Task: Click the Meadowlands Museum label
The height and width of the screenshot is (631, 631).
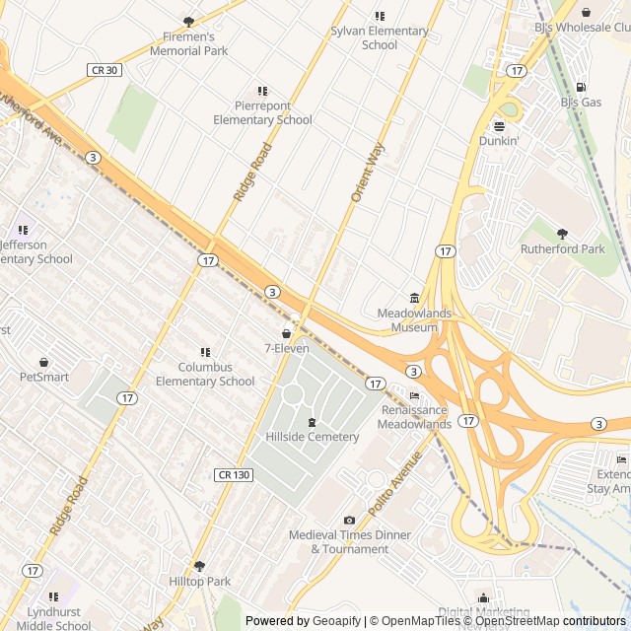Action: tap(414, 319)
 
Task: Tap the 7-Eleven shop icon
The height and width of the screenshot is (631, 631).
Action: tap(287, 334)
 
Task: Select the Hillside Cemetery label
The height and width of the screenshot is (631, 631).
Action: tap(313, 437)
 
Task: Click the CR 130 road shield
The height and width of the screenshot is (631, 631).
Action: tap(233, 475)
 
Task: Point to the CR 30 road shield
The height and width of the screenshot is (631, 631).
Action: tap(104, 70)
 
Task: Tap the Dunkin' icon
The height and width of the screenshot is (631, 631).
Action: tap(499, 126)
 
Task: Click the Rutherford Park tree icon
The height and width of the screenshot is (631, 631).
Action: tap(563, 235)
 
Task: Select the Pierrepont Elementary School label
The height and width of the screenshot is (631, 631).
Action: tap(262, 112)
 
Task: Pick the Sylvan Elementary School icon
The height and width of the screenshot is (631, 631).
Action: tap(380, 16)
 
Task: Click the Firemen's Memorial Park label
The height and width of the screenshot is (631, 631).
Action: tap(188, 44)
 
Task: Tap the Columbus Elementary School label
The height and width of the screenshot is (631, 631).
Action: tap(205, 375)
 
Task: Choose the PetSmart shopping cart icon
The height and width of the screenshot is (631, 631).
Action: tap(44, 362)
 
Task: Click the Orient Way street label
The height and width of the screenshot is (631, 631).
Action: tap(368, 174)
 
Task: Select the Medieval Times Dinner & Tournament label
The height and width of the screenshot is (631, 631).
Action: tap(350, 542)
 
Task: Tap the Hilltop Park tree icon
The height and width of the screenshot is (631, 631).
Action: tap(199, 567)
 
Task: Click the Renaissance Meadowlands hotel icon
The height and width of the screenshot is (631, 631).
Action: tap(414, 396)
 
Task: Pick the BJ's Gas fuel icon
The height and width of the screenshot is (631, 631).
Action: tap(581, 88)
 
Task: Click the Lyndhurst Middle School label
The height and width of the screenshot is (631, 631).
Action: tap(53, 618)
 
